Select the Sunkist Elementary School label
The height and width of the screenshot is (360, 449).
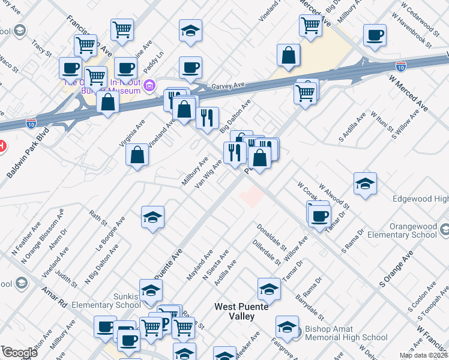pos(106,300)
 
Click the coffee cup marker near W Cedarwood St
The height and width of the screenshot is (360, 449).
pos(375,34)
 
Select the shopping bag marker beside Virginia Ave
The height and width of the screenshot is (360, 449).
pos(137,154)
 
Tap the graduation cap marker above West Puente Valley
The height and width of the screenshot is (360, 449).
pos(269,289)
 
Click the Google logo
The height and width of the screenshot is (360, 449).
pos(19,353)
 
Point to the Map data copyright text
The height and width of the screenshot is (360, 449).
pos(423,355)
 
